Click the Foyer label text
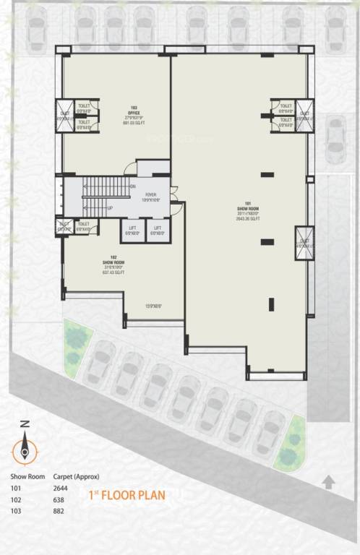150,197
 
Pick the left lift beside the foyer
132,231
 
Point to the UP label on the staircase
110,207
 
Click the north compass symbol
25,448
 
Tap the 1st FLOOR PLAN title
127,496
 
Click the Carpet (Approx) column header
80,477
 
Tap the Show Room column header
27,477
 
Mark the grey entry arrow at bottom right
329,482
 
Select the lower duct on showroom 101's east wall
304,238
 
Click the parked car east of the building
335,139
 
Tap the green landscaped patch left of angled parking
76,346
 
